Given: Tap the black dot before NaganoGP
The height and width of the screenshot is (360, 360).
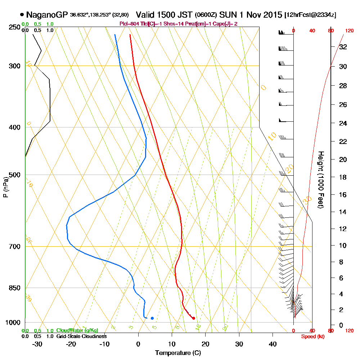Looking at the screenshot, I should [22, 15].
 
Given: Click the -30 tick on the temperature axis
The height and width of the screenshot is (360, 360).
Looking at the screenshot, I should [37, 344].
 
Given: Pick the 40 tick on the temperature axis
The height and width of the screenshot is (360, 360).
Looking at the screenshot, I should [273, 344].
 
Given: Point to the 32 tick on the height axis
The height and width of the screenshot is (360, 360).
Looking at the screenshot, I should [343, 47].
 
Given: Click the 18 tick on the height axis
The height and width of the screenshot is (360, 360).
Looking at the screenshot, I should [343, 177].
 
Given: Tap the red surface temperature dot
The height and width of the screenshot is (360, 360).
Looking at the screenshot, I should [194, 318].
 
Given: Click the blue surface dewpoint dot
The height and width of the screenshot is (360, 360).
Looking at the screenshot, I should [152, 318].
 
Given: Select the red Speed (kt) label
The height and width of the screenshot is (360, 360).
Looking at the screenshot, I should [312, 336].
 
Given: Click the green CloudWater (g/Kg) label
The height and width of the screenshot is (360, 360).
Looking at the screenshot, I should [77, 330].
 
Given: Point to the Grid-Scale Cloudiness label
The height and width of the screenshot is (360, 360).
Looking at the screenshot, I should [81, 336].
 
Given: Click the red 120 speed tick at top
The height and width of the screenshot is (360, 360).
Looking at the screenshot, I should [349, 31].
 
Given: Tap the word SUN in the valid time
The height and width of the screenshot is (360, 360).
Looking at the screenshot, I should [228, 15].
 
